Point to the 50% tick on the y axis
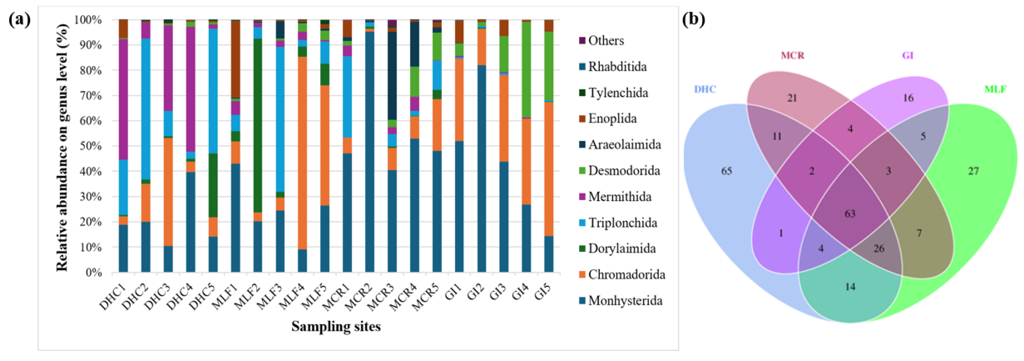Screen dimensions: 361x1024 point(91,146)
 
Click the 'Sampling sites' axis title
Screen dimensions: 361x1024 point(336,326)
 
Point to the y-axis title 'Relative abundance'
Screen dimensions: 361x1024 point(62,147)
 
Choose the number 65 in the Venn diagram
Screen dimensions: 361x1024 point(726,171)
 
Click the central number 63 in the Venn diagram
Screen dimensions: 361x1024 point(850,214)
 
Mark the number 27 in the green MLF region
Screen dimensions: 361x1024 point(973,171)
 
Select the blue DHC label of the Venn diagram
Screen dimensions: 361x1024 point(705,89)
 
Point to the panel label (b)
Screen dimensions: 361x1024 point(694,19)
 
